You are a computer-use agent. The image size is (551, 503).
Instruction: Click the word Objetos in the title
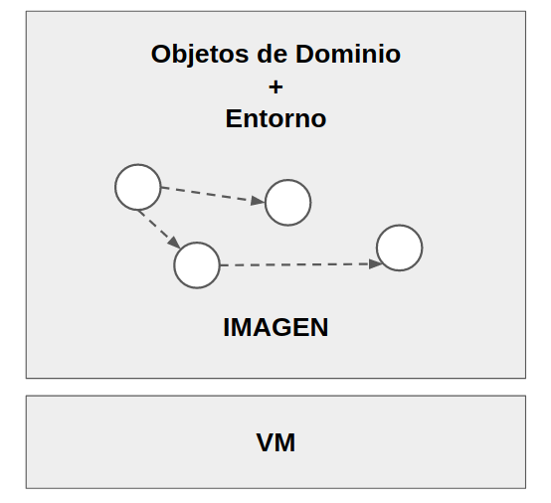pyautogui.click(x=200, y=55)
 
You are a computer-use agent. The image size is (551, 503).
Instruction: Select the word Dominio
pyautogui.click(x=348, y=54)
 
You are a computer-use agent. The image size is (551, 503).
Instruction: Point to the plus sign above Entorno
pyautogui.click(x=275, y=86)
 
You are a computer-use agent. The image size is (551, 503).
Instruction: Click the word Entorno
pyautogui.click(x=275, y=118)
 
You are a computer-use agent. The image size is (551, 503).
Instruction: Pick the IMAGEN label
pyautogui.click(x=275, y=327)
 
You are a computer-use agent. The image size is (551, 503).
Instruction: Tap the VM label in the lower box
pyautogui.click(x=275, y=442)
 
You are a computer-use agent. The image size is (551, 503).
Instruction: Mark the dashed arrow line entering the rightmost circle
pyautogui.click(x=301, y=264)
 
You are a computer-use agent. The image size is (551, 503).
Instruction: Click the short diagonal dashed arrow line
pyautogui.click(x=159, y=229)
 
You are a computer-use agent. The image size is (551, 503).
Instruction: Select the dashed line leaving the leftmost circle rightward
pyautogui.click(x=213, y=194)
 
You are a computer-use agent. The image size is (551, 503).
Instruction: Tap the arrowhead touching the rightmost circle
pyautogui.click(x=376, y=264)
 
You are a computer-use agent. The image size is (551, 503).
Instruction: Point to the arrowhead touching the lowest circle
pyautogui.click(x=175, y=243)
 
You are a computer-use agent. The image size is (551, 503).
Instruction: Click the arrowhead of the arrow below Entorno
pyautogui.click(x=258, y=201)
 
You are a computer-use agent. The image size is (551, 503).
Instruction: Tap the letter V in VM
pyautogui.click(x=266, y=442)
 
